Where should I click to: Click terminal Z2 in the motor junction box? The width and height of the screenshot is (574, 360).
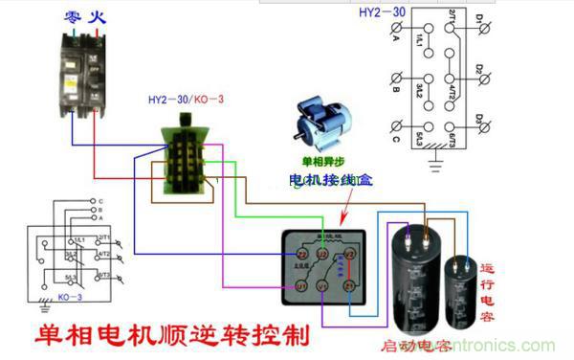300,255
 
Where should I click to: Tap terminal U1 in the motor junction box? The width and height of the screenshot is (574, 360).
300,286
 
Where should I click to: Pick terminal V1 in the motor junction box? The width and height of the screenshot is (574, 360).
325,286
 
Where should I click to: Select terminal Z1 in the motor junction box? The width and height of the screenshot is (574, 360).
350,286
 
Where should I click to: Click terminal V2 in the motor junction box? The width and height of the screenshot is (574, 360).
350,255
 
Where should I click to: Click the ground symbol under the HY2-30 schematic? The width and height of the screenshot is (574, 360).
436,163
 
